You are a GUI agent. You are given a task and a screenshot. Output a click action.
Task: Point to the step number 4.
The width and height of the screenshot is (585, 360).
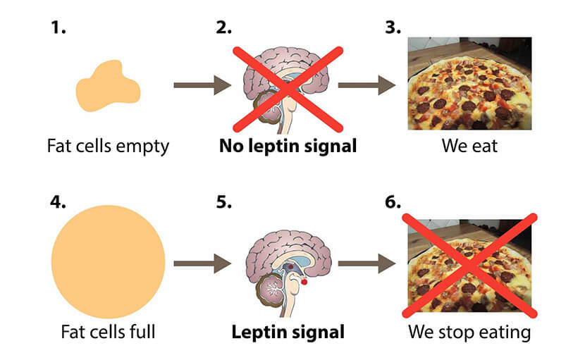pyautogui.click(x=58, y=202)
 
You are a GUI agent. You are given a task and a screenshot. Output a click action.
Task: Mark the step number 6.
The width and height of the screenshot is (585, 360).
pyautogui.click(x=393, y=202)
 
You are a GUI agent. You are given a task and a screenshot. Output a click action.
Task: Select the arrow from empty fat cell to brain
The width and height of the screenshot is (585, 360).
pyautogui.click(x=202, y=86)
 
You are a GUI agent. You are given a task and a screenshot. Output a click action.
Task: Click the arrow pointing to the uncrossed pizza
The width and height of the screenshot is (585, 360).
pyautogui.click(x=367, y=86)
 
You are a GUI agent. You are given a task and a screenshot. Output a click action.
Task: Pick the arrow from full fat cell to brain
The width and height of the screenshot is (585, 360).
pyautogui.click(x=202, y=264)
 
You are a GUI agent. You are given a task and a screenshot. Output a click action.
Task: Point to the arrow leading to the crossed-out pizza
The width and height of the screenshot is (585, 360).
pyautogui.click(x=367, y=264)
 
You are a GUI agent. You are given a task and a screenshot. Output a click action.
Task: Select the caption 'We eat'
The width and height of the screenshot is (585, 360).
pyautogui.click(x=468, y=147)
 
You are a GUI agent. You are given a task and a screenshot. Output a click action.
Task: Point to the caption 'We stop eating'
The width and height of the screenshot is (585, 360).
pyautogui.click(x=468, y=331)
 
